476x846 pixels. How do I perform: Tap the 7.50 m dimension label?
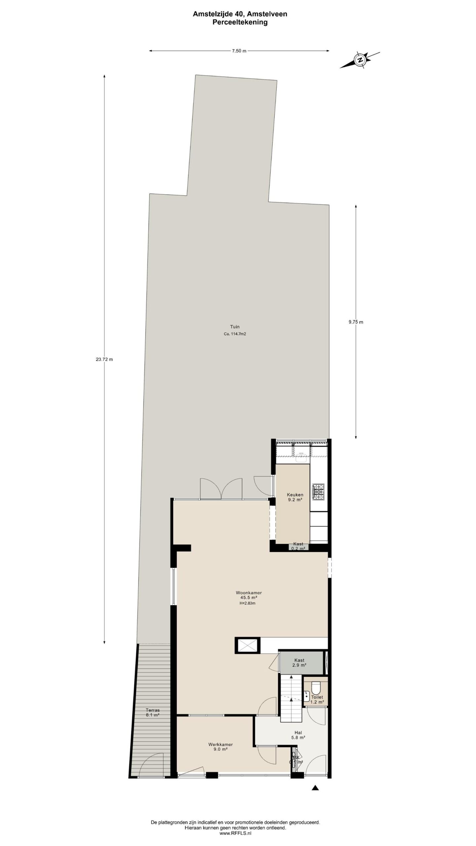(x=239, y=51)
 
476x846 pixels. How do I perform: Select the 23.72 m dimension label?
(x=104, y=360)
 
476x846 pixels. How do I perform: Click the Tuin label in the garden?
(x=235, y=327)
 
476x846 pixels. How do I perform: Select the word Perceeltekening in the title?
(x=240, y=22)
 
